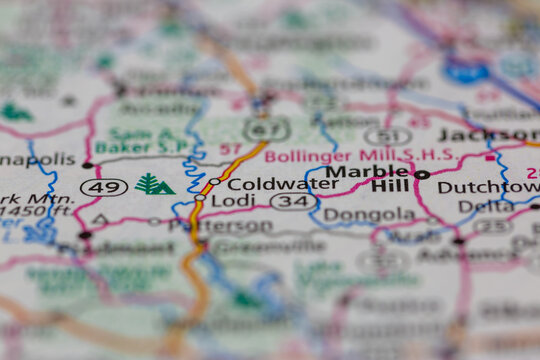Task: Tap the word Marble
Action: click(x=368, y=171)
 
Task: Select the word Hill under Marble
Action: click(x=389, y=186)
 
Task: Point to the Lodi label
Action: click(x=233, y=200)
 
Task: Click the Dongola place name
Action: click(x=369, y=214)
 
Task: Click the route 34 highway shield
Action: click(x=293, y=201)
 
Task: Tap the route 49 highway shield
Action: click(x=104, y=187)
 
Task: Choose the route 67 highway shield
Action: click(x=267, y=129)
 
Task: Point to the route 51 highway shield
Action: click(x=387, y=135)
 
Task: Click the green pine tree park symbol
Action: click(x=153, y=184)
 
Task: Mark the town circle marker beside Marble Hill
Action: click(x=422, y=174)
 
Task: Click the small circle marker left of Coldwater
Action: click(x=214, y=182)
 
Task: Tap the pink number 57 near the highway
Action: click(x=231, y=150)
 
